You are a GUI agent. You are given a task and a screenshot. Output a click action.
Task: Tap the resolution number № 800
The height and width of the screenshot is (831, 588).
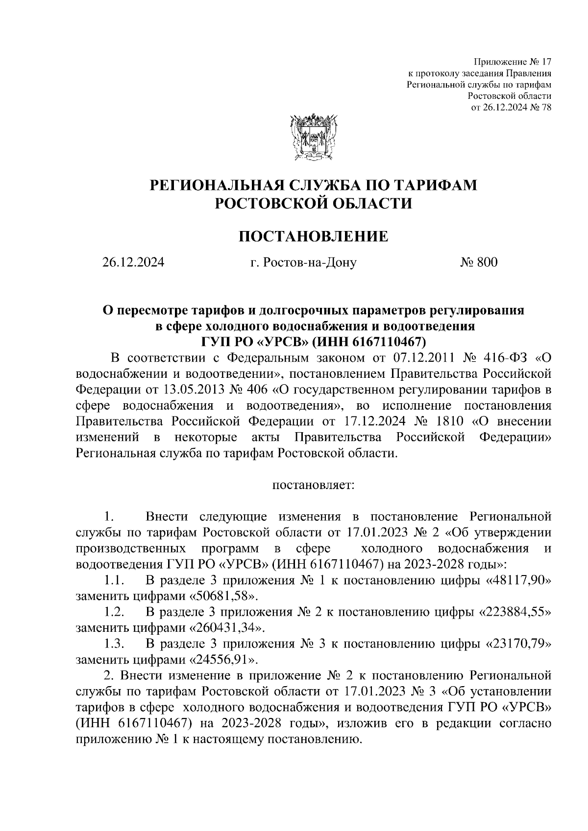tap(478, 263)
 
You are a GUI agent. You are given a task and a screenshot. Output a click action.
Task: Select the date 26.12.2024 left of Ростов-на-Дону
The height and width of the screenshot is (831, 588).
tap(133, 263)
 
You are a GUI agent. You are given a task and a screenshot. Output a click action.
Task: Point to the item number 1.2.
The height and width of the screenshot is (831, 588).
tap(114, 612)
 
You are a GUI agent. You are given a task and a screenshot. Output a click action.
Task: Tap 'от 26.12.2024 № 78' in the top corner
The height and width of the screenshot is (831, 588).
tap(511, 108)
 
